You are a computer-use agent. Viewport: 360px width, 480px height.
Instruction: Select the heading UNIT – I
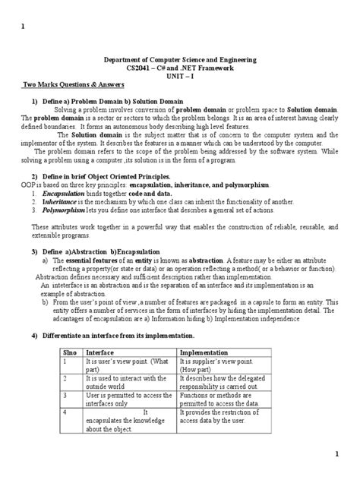pos(179,77)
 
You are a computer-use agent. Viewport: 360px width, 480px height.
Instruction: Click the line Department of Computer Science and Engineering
pos(179,58)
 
